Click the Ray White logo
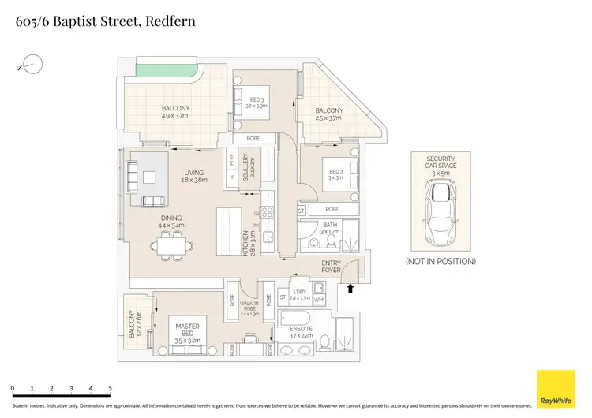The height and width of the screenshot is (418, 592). tap(556, 389)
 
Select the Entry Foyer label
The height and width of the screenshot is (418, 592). tap(332, 266)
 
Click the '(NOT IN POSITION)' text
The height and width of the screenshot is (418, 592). tap(440, 261)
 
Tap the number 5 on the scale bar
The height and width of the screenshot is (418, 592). tap(110, 389)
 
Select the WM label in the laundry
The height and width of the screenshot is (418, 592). tap(320, 300)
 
